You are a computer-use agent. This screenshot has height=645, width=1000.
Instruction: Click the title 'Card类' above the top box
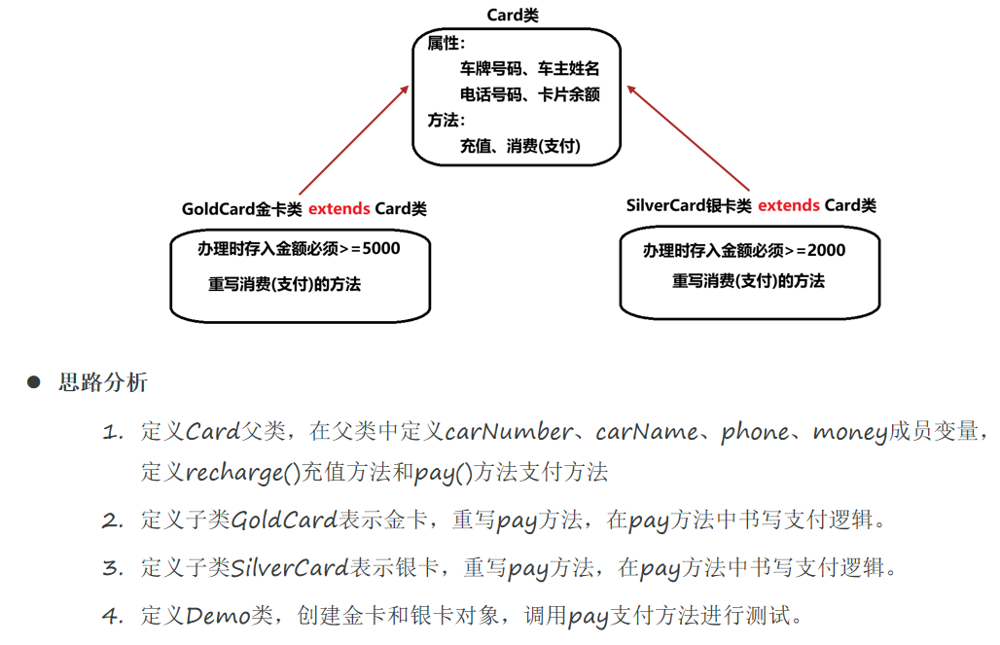513,16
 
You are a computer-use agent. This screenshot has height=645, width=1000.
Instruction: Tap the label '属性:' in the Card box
446,44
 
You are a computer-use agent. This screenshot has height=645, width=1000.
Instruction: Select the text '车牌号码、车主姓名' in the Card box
529,69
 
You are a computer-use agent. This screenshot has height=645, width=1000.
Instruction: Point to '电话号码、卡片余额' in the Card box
529,94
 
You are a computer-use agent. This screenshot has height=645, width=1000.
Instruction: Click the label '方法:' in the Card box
446,120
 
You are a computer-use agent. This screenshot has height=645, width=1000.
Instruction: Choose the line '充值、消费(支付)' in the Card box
519,146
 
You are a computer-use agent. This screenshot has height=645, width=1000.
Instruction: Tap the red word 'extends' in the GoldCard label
339,208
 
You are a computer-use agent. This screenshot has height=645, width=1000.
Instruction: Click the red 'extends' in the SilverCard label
788,205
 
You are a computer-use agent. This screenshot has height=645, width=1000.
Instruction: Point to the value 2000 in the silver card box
826,250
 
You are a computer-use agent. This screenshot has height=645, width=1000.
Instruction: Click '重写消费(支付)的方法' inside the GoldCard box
284,285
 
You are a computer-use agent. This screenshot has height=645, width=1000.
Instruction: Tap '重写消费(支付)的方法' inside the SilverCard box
748,281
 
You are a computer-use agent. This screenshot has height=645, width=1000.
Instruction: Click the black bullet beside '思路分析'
34,382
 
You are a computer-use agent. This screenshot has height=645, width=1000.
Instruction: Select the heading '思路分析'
103,382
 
